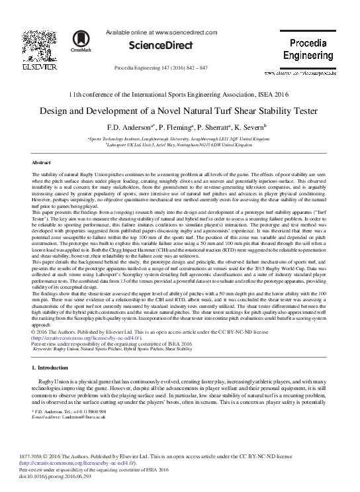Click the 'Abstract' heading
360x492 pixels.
pos(42,162)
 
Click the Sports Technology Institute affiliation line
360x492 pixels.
pos(179,138)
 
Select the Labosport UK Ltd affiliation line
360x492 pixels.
pos(179,145)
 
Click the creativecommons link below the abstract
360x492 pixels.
pos(79,337)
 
